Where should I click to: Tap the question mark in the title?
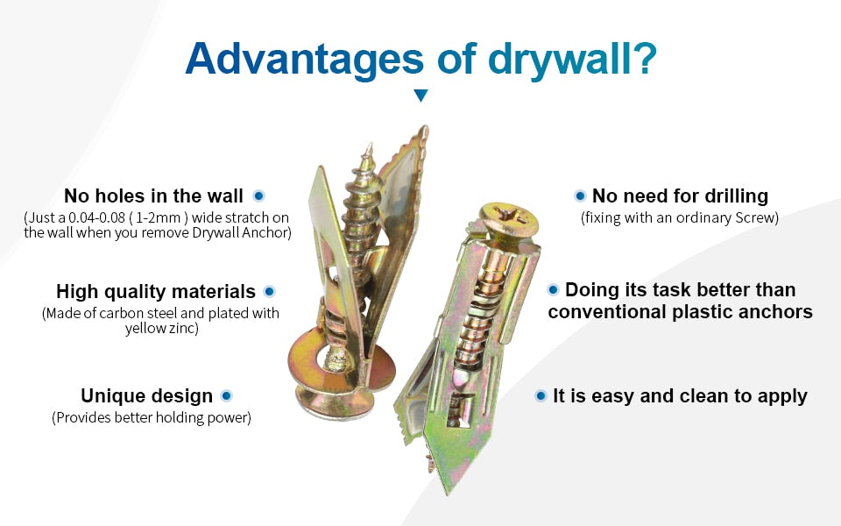[642, 58]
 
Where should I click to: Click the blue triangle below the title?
[421, 96]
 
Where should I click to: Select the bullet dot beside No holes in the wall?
[258, 195]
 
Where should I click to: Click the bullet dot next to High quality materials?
[269, 291]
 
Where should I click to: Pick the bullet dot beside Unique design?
[226, 395]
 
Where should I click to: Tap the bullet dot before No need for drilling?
[580, 195]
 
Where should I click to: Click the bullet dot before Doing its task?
[553, 290]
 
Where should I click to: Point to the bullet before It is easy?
[541, 395]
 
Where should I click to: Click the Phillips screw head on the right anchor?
[508, 218]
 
